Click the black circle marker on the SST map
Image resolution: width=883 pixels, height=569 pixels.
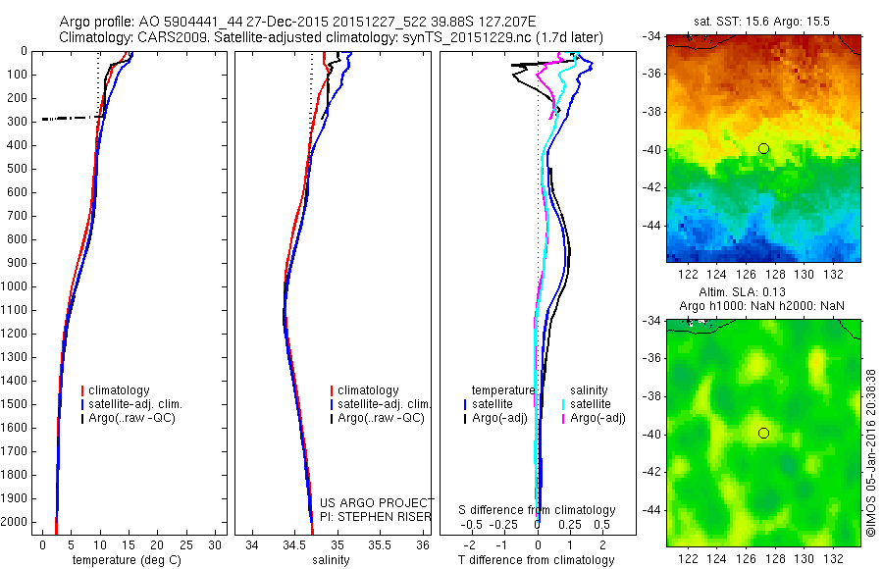763,148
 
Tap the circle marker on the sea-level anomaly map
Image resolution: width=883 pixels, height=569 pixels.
763,433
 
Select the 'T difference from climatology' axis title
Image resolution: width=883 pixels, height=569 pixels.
536,560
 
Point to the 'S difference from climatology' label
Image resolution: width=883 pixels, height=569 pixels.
538,510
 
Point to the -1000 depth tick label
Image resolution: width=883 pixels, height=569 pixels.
18,286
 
